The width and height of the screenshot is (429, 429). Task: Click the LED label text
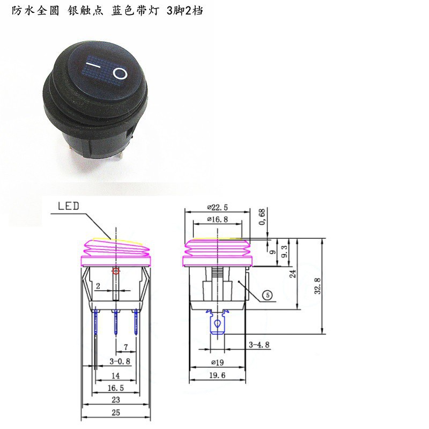69,206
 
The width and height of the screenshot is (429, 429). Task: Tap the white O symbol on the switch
120,73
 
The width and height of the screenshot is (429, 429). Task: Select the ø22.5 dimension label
217,208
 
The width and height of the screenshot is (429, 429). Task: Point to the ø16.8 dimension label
218,219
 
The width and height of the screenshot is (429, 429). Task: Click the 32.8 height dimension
317,286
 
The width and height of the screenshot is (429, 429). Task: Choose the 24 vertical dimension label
293,273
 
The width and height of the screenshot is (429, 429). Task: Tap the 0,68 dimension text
262,217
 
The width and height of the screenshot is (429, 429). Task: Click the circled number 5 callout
267,295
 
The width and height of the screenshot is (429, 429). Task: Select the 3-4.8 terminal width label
259,345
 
